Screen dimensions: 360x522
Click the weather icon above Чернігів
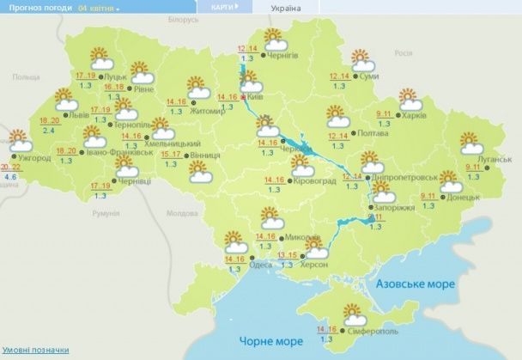[x=275, y=40]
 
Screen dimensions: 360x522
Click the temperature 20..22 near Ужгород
[x=11, y=166]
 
